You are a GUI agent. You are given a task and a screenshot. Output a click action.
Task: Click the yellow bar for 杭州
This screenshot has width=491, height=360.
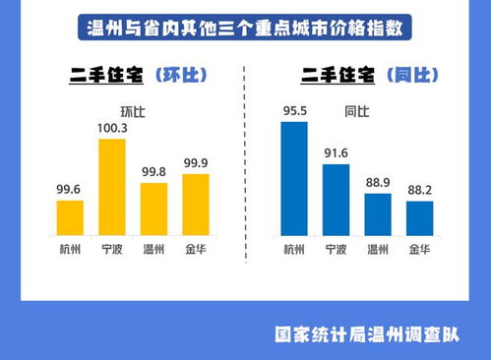pos(70,217)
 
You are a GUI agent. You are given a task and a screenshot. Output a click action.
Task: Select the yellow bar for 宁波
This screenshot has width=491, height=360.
pos(112,187)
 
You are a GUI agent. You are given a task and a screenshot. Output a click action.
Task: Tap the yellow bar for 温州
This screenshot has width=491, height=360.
pos(153,209)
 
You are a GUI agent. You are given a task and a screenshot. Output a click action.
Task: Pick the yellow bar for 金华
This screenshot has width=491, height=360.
pos(196,205)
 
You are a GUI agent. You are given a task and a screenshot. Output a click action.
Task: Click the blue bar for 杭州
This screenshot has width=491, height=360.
pos(293,178)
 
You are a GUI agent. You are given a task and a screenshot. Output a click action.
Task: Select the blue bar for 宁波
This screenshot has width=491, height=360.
pos(336,200)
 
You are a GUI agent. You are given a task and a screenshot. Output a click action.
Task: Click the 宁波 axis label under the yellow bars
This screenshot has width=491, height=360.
pos(112,249)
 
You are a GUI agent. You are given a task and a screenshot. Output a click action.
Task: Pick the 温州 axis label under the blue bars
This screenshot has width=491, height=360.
pos(378,249)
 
